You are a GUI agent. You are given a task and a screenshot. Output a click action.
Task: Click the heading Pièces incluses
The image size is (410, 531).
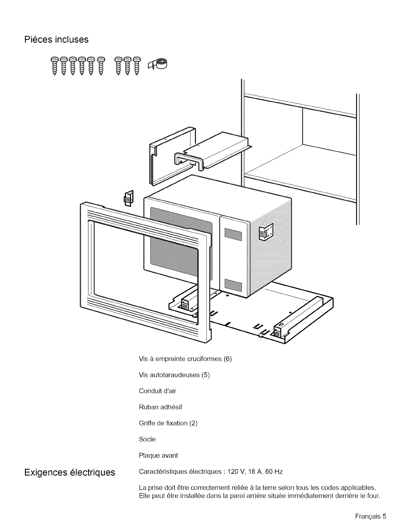pyautogui.click(x=57, y=40)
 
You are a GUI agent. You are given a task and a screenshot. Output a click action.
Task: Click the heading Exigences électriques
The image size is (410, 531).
pyautogui.click(x=69, y=473)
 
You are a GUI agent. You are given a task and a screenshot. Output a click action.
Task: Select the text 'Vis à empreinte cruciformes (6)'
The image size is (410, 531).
pyautogui.click(x=185, y=359)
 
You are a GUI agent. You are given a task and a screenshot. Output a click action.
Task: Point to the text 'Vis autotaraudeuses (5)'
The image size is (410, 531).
pyautogui.click(x=174, y=375)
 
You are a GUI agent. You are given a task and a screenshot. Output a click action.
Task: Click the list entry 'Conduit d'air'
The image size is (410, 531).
pyautogui.click(x=157, y=391)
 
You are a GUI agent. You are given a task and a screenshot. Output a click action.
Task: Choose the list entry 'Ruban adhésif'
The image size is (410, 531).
pyautogui.click(x=160, y=407)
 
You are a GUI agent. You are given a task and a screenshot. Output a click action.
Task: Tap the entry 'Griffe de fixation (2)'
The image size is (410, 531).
pyautogui.click(x=168, y=423)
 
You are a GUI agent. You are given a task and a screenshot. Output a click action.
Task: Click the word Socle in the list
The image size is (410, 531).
pyautogui.click(x=147, y=439)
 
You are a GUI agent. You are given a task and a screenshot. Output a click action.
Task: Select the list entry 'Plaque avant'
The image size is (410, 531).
pyautogui.click(x=158, y=456)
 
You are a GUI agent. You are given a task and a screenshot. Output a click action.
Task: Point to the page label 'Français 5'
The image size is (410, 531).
pyautogui.click(x=371, y=516)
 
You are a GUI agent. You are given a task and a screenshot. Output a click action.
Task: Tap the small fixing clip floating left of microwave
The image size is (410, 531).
pyautogui.click(x=129, y=198)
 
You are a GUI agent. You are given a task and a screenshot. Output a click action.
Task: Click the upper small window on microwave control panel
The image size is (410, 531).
pyautogui.click(x=233, y=234)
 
